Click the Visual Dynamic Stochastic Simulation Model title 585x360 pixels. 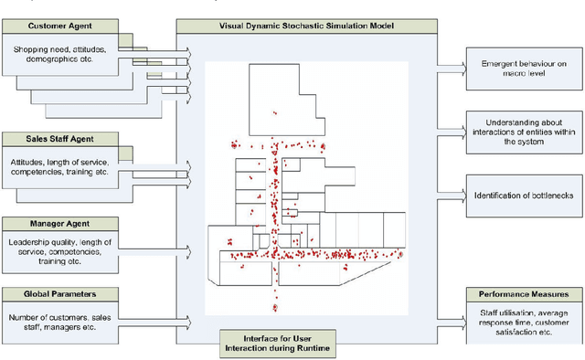301,25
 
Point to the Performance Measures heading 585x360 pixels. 524,294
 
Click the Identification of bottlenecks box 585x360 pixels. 524,194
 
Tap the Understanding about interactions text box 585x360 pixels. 524,131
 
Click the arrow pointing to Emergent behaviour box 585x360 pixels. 451,66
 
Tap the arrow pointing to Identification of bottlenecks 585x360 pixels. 451,194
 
